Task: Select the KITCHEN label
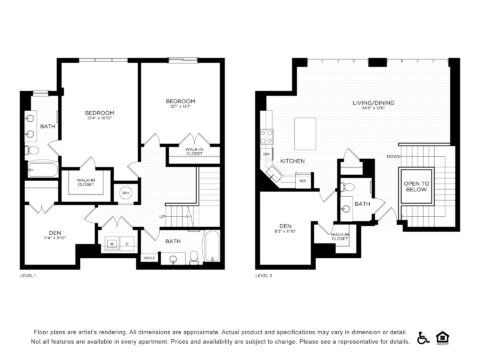pyautogui.click(x=291, y=161)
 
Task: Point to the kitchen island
pyautogui.click(x=305, y=130)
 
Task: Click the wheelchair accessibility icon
pyautogui.click(x=423, y=337)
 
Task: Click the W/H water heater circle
pyautogui.click(x=126, y=192)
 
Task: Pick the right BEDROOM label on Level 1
pyautogui.click(x=180, y=101)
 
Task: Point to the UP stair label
pyautogui.click(x=162, y=216)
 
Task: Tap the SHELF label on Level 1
pyautogui.click(x=149, y=257)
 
